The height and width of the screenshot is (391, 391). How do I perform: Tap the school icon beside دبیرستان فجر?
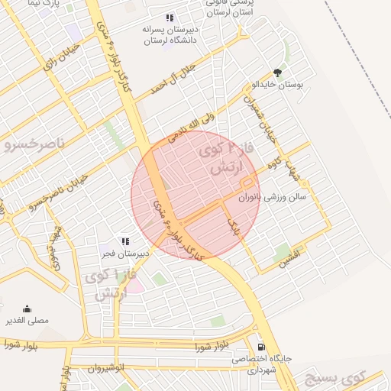tap(124, 241)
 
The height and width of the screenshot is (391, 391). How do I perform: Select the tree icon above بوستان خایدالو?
tap(277, 73)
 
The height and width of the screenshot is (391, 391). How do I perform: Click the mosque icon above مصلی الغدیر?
tap(28, 309)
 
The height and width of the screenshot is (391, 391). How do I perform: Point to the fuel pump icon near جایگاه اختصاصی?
tap(261, 346)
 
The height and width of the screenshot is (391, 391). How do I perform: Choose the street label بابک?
tap(234, 225)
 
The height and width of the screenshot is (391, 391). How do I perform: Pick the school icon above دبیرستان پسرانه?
tap(169, 18)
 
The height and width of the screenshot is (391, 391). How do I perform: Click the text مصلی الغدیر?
tap(28, 321)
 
